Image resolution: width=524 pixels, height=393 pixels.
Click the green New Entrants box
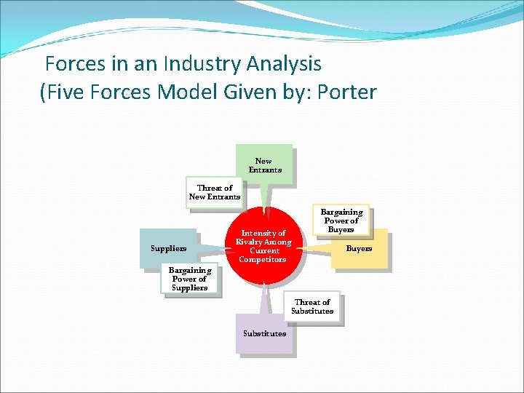coord(263,165)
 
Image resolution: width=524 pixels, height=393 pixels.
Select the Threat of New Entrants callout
coord(214,192)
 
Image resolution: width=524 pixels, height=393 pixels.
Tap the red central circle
coord(263,246)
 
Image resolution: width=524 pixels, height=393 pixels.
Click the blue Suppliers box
coord(168,248)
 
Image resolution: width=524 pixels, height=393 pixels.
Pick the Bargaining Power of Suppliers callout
coord(189,279)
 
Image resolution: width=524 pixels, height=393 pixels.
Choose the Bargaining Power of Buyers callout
coord(341,221)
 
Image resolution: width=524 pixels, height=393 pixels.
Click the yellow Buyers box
coord(359,249)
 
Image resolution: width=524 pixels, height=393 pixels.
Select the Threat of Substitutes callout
coord(311,306)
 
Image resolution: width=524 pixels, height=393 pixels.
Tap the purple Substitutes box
coord(264,333)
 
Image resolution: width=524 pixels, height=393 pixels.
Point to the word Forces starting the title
coord(75,64)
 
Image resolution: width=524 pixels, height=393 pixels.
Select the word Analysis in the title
coord(284,64)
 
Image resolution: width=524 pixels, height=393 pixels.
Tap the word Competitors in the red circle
coord(263,260)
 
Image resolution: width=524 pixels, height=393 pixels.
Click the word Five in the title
coord(69,92)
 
